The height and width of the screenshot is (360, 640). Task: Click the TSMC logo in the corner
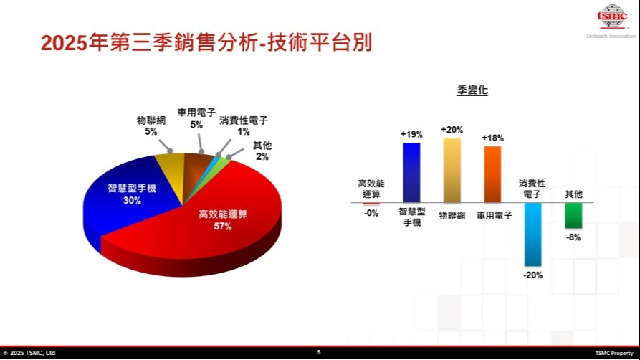coord(611,16)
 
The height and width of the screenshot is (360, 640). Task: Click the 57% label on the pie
coord(223,227)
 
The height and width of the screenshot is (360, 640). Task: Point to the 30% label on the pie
coord(132,200)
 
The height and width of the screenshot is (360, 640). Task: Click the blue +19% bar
coord(411,172)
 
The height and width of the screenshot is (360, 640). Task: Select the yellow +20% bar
coord(452,171)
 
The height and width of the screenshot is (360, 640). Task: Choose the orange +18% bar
coord(492,174)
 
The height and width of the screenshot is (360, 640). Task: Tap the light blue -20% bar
coord(532,235)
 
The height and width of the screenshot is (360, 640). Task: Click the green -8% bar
coord(573,215)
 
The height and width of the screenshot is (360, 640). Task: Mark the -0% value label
coord(371,213)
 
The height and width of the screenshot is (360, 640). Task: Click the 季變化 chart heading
coord(472,90)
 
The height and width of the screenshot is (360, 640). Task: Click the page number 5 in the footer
coord(319,352)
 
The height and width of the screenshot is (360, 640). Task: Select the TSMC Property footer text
coord(614,353)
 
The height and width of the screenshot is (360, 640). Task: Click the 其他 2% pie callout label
coord(262,151)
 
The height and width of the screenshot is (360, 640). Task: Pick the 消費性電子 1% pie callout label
coord(244,126)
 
